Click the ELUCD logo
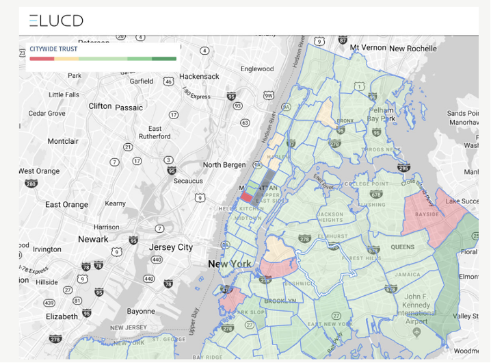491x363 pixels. click(56, 21)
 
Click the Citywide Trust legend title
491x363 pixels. click(53, 49)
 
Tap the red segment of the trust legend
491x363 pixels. click(42, 59)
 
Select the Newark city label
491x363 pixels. click(93, 239)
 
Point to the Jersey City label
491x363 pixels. click(171, 247)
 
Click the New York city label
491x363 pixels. click(230, 264)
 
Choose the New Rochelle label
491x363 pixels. click(413, 49)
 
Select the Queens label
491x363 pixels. click(403, 247)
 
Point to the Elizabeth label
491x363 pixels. click(62, 316)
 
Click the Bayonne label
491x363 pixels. click(141, 311)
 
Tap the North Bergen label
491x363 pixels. click(224, 165)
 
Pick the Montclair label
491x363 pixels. click(64, 141)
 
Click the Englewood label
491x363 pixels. click(257, 69)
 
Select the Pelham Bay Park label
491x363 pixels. click(382, 114)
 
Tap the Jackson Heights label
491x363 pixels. click(331, 217)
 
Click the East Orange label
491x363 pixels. click(66, 204)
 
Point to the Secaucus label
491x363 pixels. click(188, 181)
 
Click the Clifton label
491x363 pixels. click(100, 106)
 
